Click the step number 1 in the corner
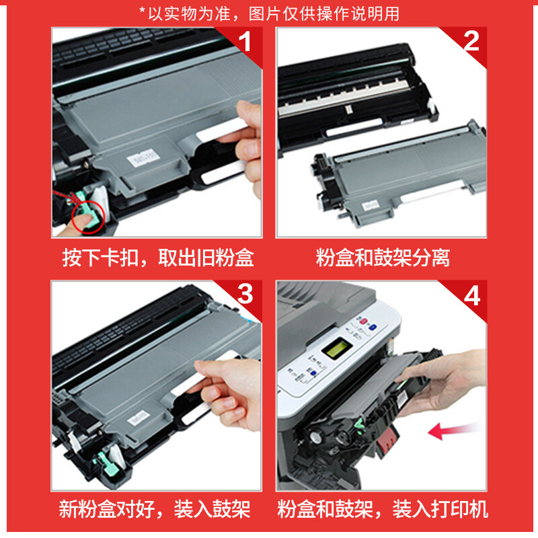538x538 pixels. click(245, 42)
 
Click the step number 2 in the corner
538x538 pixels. click(471, 41)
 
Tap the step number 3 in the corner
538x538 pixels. click(245, 293)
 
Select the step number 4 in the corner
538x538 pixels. click(472, 295)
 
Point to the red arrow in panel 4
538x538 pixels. click(453, 430)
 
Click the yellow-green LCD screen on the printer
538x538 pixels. click(334, 349)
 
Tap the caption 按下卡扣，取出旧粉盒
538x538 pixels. click(158, 258)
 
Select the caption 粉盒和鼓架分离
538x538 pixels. click(383, 258)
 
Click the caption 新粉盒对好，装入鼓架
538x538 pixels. click(155, 509)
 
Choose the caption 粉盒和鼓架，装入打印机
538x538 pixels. click(383, 509)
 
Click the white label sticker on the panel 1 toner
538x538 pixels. click(143, 158)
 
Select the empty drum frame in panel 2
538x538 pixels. click(357, 96)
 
